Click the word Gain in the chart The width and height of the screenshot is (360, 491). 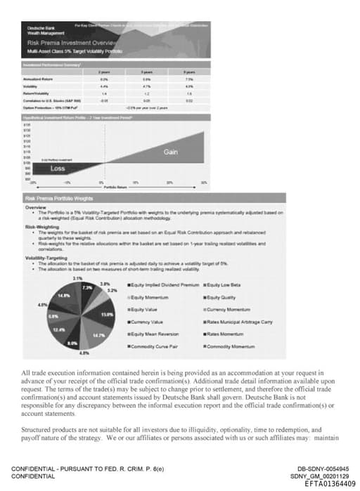tap(171, 152)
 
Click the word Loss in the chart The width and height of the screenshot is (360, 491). tap(58, 169)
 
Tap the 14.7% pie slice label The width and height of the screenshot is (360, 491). tap(99, 336)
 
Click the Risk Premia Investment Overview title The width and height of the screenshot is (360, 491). tap(70, 43)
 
